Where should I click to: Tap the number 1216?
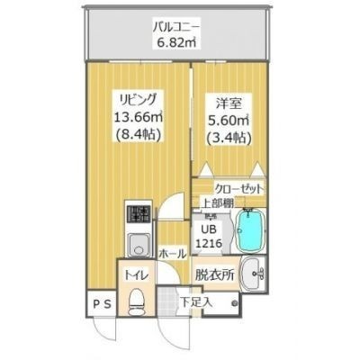(208, 244)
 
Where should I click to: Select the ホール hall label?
(171, 255)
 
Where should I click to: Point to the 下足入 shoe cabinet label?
(196, 301)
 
